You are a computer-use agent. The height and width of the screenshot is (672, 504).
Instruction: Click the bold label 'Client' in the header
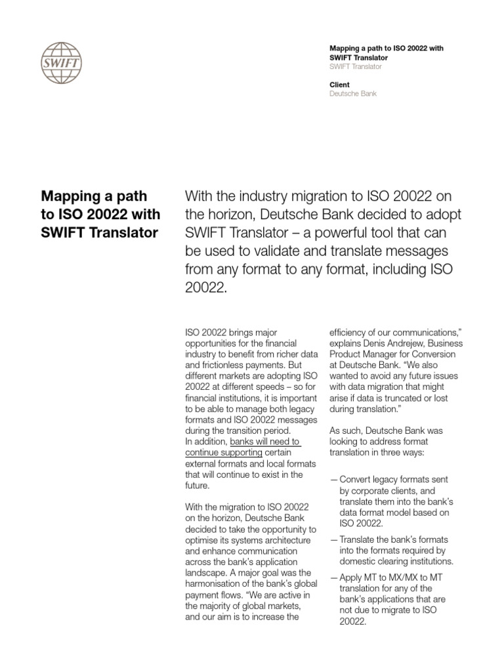pyautogui.click(x=339, y=85)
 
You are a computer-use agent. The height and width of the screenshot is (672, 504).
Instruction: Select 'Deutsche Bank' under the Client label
pyautogui.click(x=352, y=94)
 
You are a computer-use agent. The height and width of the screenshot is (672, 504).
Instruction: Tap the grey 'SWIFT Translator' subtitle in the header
pyautogui.click(x=355, y=67)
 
